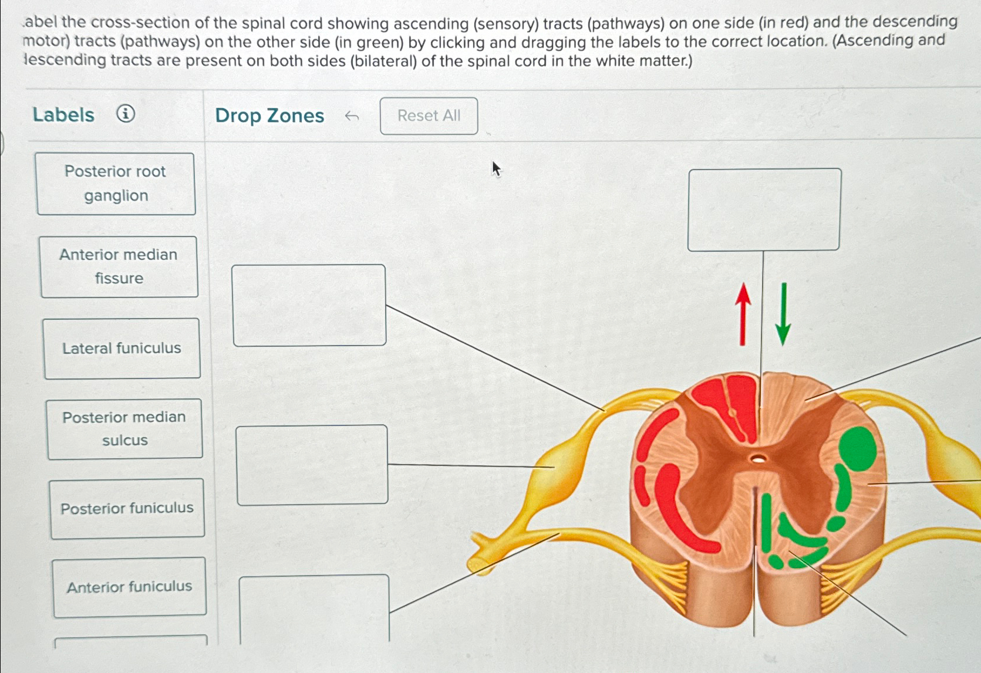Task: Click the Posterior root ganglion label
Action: point(116,184)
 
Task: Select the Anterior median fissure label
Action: point(119,267)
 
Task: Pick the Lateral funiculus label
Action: point(122,349)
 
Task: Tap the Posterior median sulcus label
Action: point(124,429)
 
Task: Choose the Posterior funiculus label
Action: point(127,508)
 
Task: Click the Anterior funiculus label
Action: point(129,587)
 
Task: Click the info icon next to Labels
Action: point(126,113)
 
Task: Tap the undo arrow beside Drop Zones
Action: point(352,116)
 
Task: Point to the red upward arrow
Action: point(743,314)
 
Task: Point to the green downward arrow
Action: point(783,314)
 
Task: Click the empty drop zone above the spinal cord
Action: point(764,209)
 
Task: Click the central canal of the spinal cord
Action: point(758,459)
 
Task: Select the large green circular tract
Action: point(858,449)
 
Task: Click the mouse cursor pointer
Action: point(496,169)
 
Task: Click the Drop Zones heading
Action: point(269,116)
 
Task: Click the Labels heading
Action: point(63,114)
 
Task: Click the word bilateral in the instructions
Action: point(383,61)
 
